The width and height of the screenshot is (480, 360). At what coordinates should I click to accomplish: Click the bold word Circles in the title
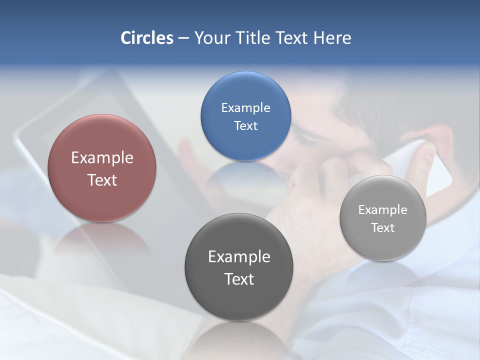tap(147, 38)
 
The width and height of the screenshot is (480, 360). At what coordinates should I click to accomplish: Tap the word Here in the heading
tap(332, 38)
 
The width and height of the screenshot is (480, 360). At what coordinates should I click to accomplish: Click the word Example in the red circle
tap(102, 158)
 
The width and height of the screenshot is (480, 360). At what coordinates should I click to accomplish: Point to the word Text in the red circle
tap(102, 180)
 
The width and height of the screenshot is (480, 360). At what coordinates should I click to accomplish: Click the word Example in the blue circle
tap(245, 108)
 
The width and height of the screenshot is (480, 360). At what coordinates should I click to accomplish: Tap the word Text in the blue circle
tap(245, 126)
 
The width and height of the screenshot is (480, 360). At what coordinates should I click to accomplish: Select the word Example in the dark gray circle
tap(239, 257)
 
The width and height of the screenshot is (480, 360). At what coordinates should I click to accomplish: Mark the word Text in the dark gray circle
tap(239, 279)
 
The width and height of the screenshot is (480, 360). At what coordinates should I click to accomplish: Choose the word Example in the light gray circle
tap(383, 210)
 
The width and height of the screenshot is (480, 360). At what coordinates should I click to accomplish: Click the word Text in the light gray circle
tap(383, 228)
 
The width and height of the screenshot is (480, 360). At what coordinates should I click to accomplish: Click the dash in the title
tap(183, 38)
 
